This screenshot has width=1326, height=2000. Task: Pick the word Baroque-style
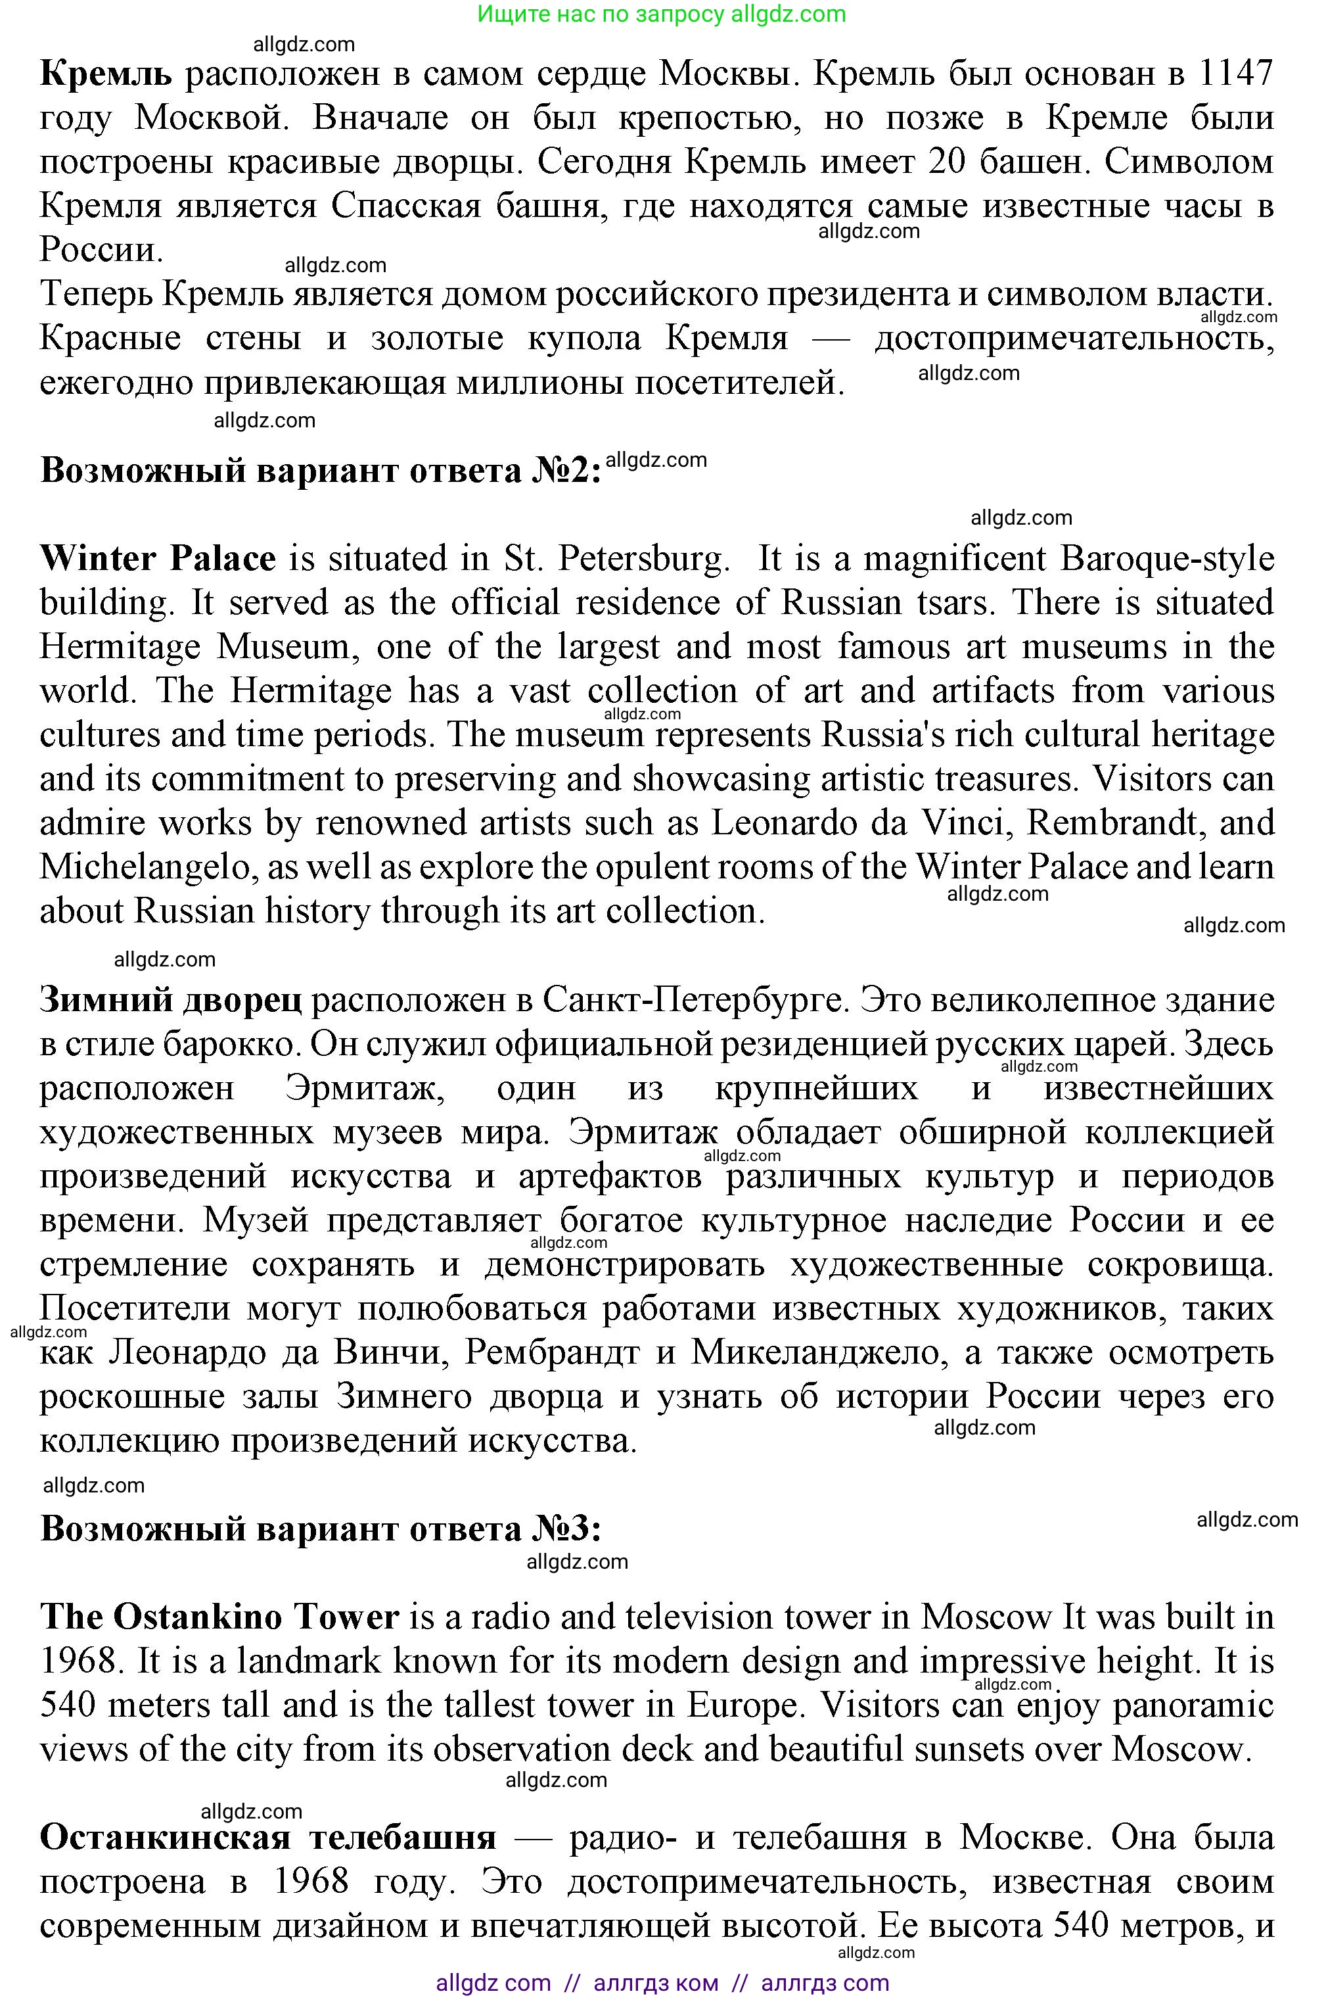coord(1167,558)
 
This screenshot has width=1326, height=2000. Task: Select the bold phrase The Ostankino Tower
coord(219,1617)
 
